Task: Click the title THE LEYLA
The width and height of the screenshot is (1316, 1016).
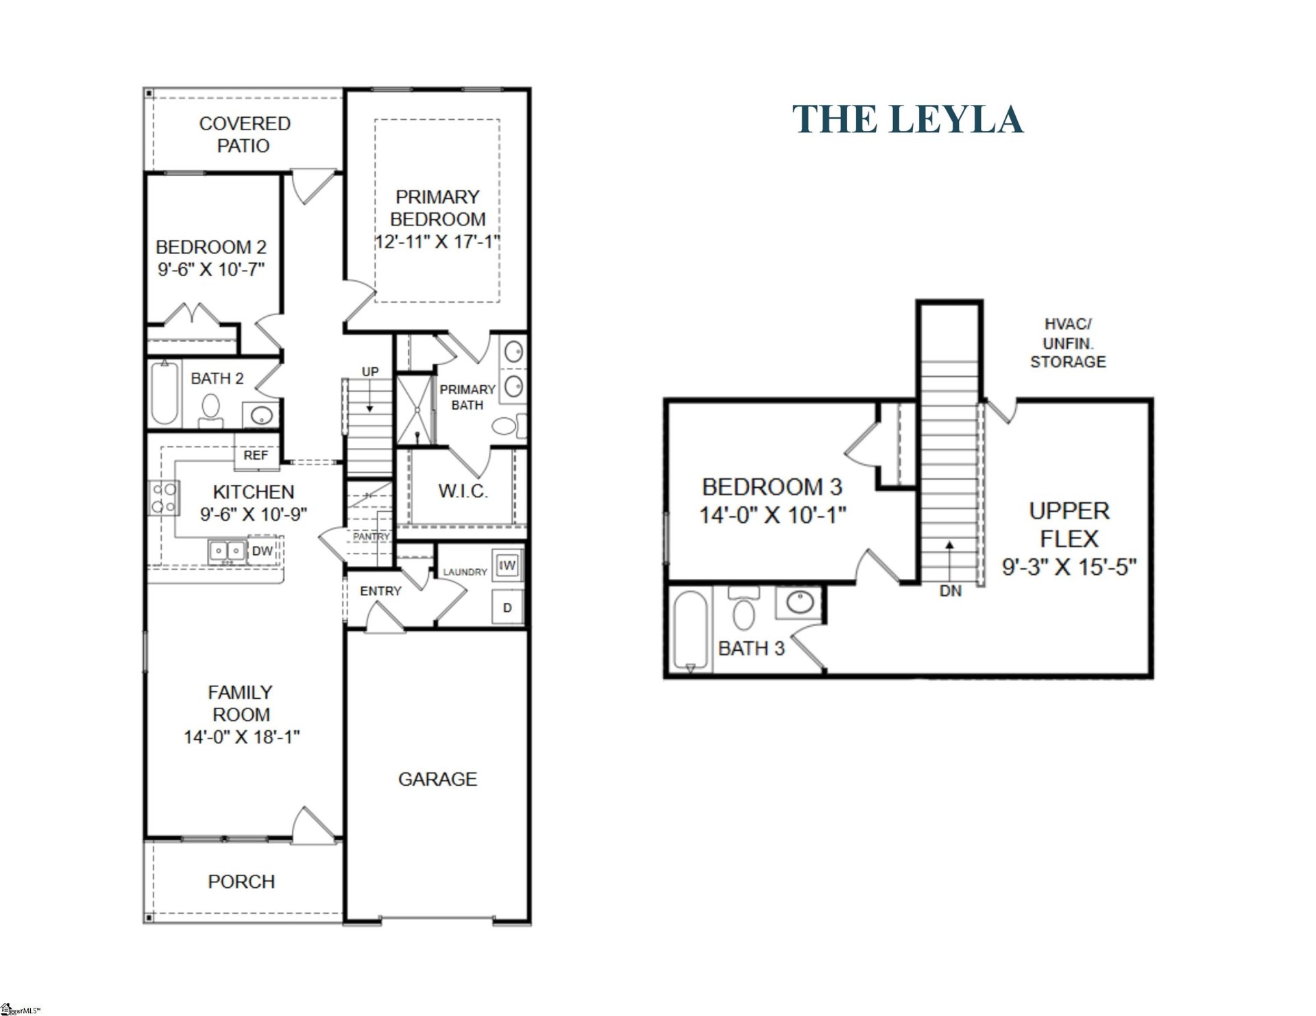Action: (x=907, y=119)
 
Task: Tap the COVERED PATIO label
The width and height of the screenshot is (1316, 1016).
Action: (x=244, y=134)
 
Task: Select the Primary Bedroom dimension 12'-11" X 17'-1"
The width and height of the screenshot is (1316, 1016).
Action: (x=437, y=242)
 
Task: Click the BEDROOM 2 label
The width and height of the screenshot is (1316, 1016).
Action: (x=211, y=247)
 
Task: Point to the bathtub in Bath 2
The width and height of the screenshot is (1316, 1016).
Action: (x=164, y=394)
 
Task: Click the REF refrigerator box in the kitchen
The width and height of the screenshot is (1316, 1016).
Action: (x=256, y=456)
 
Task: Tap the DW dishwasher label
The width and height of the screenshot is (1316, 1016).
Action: (x=262, y=551)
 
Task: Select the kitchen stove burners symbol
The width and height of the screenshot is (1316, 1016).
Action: (x=164, y=498)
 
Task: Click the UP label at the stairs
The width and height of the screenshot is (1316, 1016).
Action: (x=370, y=372)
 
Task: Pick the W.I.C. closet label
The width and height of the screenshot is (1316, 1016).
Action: (x=463, y=491)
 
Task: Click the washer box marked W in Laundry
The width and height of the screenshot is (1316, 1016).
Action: (x=507, y=565)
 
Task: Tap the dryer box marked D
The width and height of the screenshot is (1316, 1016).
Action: (x=507, y=608)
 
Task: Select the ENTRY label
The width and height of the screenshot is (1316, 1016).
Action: (x=380, y=591)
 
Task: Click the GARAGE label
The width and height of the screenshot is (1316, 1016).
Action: (x=437, y=779)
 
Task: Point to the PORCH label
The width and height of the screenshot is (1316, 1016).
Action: (x=241, y=882)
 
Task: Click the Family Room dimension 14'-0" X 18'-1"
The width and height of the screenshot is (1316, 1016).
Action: (x=241, y=737)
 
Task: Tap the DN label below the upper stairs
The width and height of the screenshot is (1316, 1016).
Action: (x=951, y=591)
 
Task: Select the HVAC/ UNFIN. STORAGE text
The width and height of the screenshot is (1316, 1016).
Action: (x=1068, y=343)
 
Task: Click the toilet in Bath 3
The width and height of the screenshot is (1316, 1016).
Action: (x=743, y=610)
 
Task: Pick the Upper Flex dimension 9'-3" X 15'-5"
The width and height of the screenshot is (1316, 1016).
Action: (x=1069, y=567)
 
